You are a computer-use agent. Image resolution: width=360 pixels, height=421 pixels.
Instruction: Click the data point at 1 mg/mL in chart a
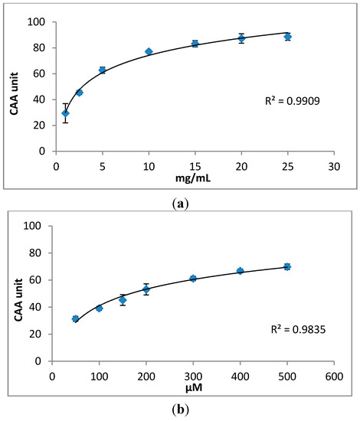pos(65,113)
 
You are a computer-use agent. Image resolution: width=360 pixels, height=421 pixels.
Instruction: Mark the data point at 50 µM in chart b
pos(75,318)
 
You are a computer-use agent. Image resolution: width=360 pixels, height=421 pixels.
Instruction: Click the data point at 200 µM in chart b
pos(146,289)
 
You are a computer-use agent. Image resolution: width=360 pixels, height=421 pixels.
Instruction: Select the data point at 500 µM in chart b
pos(287,266)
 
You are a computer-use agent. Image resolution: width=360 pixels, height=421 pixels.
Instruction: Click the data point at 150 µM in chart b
pos(122,300)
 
